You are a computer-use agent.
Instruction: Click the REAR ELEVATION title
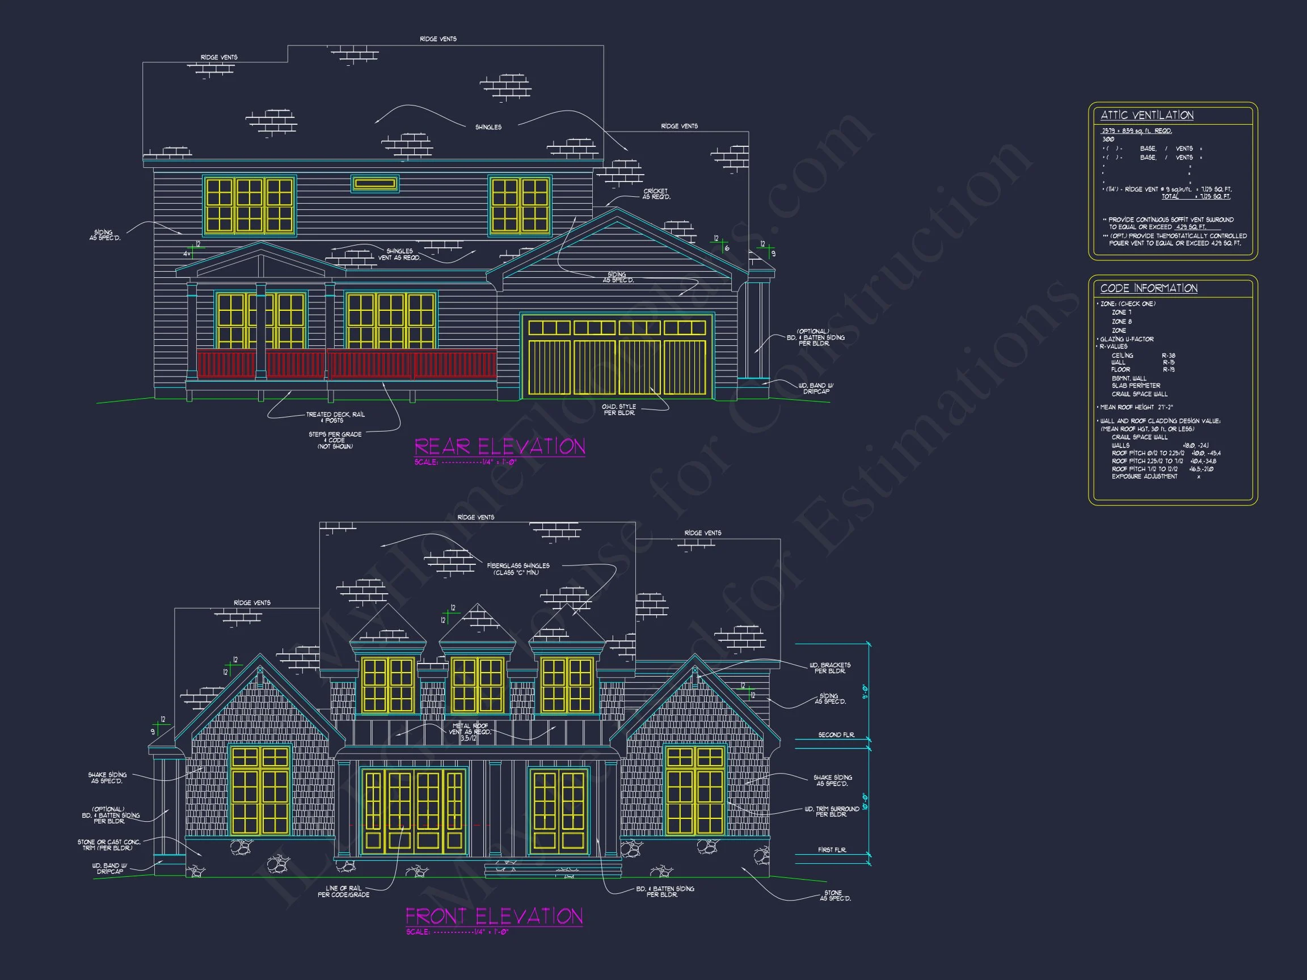point(499,446)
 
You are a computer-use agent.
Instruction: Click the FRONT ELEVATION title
point(494,916)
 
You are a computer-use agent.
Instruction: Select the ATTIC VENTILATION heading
point(1146,115)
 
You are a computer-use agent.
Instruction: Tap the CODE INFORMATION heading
point(1148,288)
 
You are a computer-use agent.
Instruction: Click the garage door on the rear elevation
point(617,357)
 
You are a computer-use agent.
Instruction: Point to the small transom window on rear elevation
point(374,184)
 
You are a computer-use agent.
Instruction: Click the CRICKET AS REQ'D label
point(656,194)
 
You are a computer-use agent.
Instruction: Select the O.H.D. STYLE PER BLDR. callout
point(619,409)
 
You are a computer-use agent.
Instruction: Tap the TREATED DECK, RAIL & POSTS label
point(335,417)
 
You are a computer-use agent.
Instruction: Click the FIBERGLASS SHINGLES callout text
point(518,568)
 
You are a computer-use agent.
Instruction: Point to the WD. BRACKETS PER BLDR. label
point(829,668)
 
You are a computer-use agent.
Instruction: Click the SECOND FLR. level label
point(836,735)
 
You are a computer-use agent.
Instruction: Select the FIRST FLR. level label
point(832,850)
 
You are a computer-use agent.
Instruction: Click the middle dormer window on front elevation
point(477,685)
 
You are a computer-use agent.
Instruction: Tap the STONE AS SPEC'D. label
point(834,895)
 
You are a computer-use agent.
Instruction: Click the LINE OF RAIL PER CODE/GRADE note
point(343,892)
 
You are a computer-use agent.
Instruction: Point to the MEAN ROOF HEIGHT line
point(1136,407)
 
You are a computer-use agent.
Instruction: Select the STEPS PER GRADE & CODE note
point(335,440)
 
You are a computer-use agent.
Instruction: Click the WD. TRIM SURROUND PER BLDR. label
point(832,812)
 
